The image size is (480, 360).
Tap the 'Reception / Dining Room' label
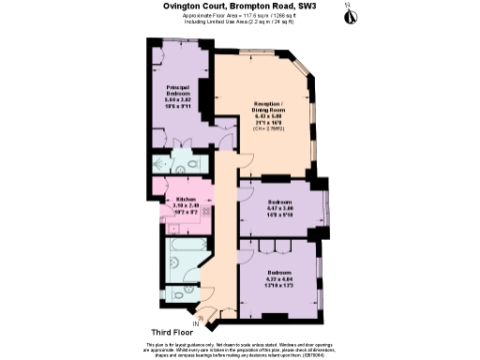click(267, 106)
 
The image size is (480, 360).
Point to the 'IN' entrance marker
click(194, 323)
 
